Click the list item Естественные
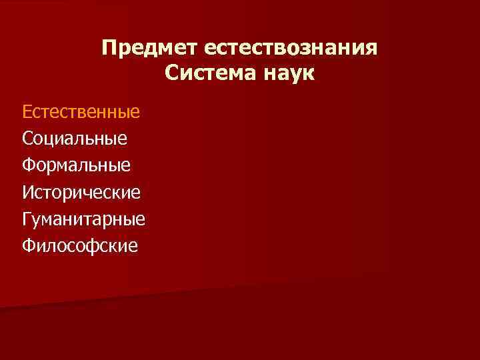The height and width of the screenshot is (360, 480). coord(81,111)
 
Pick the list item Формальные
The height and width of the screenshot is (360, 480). coord(76,165)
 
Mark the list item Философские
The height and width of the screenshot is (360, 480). coord(80,246)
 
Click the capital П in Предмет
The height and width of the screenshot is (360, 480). coord(109,48)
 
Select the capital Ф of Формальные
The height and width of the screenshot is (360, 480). coord(29,165)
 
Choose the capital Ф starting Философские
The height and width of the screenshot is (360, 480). coord(29,246)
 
